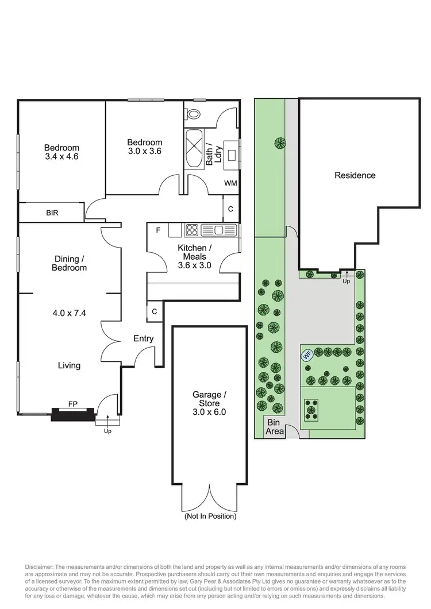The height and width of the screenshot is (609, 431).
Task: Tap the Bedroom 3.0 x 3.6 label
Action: [144, 147]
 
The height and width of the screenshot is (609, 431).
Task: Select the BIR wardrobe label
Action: [52, 213]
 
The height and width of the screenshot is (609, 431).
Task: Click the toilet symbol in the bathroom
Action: [194, 113]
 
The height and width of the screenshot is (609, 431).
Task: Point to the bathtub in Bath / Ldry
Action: [194, 148]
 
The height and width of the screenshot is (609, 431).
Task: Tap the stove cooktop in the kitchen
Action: [191, 230]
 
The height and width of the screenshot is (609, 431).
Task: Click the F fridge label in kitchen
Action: [158, 230]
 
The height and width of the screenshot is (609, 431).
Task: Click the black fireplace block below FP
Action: [72, 414]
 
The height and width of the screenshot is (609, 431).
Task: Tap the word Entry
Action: [143, 338]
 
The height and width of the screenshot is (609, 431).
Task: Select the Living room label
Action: [69, 365]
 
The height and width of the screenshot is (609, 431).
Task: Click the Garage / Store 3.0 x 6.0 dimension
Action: [209, 411]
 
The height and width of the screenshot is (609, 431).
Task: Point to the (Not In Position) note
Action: [210, 516]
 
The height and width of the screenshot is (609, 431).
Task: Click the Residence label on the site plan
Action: [355, 175]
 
